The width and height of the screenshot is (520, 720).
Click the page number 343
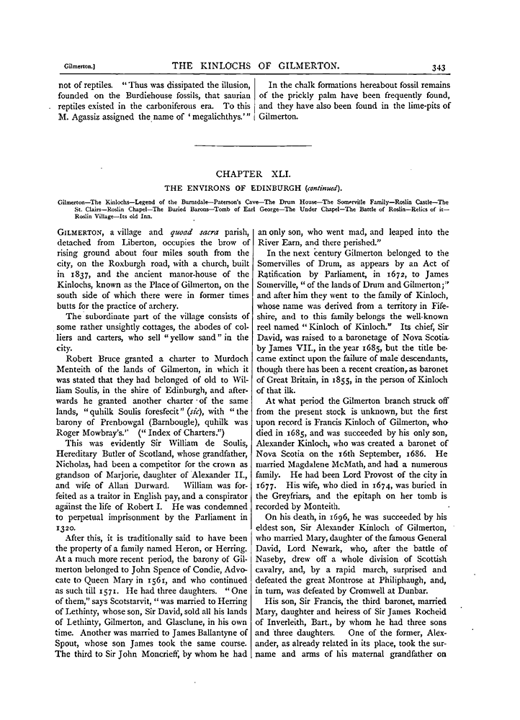click(439, 67)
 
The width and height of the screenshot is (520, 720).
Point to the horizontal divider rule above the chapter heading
click(254, 146)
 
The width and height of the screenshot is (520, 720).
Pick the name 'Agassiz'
click(86, 117)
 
